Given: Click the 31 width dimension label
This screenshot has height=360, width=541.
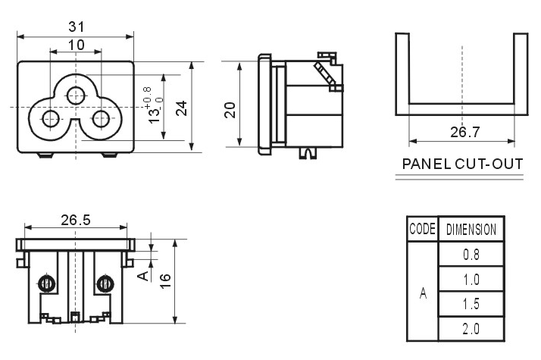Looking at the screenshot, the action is (77, 27).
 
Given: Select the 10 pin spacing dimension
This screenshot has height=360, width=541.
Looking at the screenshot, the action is (77, 45).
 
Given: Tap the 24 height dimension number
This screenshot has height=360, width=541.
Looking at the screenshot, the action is (182, 108).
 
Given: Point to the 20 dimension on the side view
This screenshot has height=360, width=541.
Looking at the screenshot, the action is (230, 110).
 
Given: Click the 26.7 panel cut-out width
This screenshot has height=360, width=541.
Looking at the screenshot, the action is (464, 132).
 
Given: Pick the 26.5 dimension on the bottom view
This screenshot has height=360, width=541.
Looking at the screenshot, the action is (76, 220).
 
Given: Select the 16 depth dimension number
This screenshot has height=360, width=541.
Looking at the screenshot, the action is (165, 281).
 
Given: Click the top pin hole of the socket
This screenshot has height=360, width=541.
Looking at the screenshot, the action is (76, 95).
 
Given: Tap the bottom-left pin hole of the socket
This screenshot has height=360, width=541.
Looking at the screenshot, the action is (51, 119).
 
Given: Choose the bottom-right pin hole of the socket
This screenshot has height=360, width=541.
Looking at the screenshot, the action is (101, 119).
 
